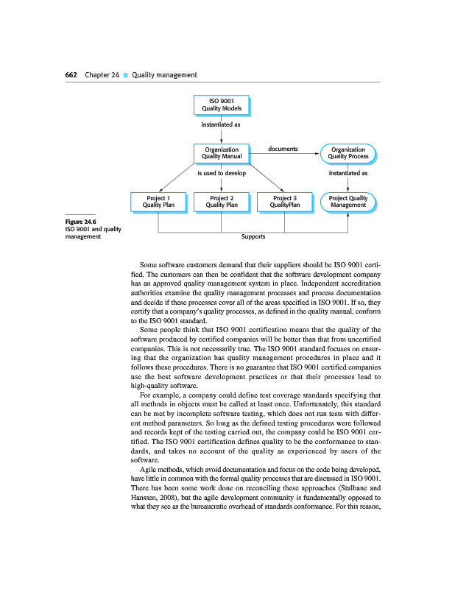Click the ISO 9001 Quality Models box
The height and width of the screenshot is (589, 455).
pyautogui.click(x=221, y=105)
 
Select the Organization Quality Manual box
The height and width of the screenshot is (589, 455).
pyautogui.click(x=221, y=152)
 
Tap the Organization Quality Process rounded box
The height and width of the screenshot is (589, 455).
pyautogui.click(x=348, y=152)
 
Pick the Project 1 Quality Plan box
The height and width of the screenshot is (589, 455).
pyautogui.click(x=158, y=201)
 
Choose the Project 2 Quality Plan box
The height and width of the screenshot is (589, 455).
pyautogui.click(x=221, y=201)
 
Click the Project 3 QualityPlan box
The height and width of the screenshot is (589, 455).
pyautogui.click(x=284, y=201)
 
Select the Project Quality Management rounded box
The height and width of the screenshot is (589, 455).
pyautogui.click(x=348, y=201)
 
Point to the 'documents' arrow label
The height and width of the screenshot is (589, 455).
pyautogui.click(x=283, y=149)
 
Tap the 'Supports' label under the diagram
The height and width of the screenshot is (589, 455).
pyautogui.click(x=253, y=237)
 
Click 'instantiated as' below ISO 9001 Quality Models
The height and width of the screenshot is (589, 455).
pyautogui.click(x=221, y=124)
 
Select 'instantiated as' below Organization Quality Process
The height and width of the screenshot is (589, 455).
pyautogui.click(x=348, y=174)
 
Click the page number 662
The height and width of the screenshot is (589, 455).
pyautogui.click(x=72, y=74)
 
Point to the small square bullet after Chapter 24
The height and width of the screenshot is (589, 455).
pyautogui.click(x=126, y=75)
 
